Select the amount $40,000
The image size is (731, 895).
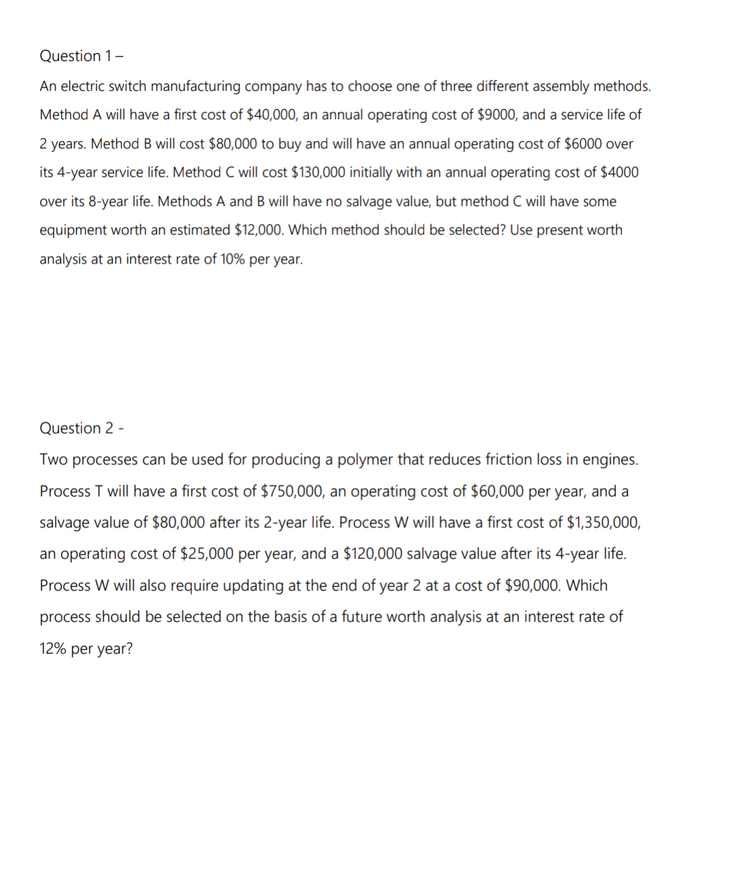pyautogui.click(x=271, y=115)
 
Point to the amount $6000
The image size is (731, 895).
pyautogui.click(x=583, y=144)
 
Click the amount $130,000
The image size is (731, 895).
pyautogui.click(x=317, y=173)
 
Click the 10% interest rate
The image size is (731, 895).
pyautogui.click(x=232, y=259)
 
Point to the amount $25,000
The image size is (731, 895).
pyautogui.click(x=206, y=554)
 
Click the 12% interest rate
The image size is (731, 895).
pyautogui.click(x=52, y=649)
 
